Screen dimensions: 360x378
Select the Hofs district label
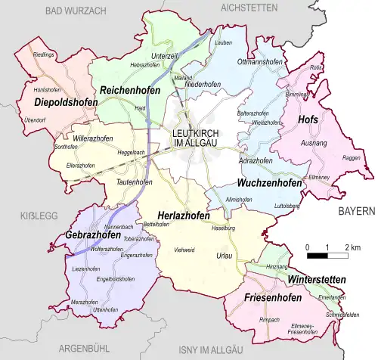308,119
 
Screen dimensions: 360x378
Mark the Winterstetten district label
315,280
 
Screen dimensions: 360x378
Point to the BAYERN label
356,211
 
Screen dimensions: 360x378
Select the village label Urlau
222,256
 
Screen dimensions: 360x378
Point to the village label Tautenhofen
135,182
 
